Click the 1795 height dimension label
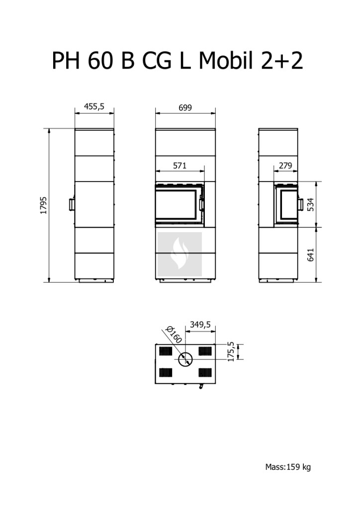tap(43, 205)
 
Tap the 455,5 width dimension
tap(94, 106)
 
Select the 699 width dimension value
tap(185, 107)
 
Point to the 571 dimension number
tap(180, 166)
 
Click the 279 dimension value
tap(285, 166)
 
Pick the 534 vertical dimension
tap(311, 205)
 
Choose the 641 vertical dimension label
tap(311, 255)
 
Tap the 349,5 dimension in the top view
tap(200, 324)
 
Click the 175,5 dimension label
tap(231, 351)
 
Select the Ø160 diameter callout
tap(173, 335)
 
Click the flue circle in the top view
tap(185, 359)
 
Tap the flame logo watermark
tap(180, 254)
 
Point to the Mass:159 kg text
tap(288, 467)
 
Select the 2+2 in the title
tap(282, 61)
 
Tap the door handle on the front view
tap(202, 204)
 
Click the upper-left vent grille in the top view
tap(166, 351)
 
